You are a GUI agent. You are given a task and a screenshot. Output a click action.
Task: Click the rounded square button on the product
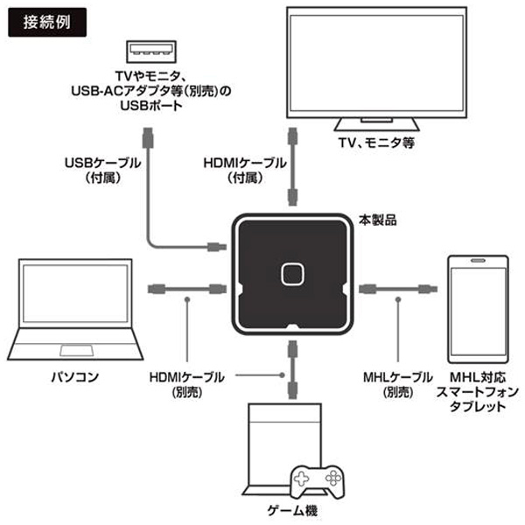(290, 274)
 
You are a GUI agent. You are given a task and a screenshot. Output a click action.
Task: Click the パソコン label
(74, 378)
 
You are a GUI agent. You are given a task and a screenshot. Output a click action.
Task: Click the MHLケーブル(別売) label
(397, 384)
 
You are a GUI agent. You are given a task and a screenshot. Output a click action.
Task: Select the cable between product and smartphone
(398, 287)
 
